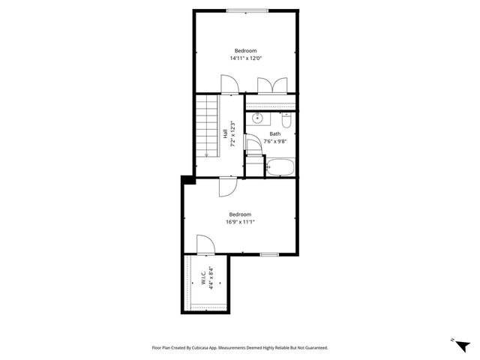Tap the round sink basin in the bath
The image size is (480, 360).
(x=257, y=118)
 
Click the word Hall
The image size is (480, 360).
(x=225, y=133)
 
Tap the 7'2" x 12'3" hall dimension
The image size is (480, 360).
(x=233, y=133)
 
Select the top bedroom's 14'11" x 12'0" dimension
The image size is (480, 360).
(x=246, y=58)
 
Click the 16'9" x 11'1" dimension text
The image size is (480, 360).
(x=240, y=221)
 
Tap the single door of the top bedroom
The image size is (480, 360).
(x=229, y=84)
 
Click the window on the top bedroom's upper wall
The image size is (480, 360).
(x=244, y=10)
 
